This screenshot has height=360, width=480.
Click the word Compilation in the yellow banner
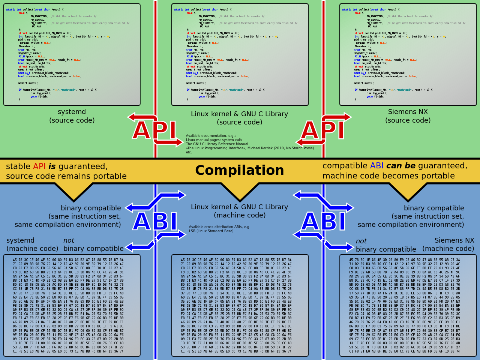(x=240, y=170)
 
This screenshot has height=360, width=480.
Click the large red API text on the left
(x=154, y=130)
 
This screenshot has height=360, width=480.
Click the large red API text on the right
(x=322, y=130)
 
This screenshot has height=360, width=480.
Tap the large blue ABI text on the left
(x=155, y=221)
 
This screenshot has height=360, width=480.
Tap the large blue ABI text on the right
(x=323, y=221)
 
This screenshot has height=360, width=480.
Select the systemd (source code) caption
(x=72, y=116)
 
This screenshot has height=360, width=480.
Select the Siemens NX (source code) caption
(x=408, y=116)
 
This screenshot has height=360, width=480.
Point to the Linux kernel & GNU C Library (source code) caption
(x=240, y=118)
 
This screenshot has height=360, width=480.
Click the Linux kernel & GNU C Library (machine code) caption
(x=240, y=211)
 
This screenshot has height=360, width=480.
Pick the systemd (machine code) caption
(x=32, y=244)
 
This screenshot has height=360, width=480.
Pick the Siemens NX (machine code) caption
(x=448, y=244)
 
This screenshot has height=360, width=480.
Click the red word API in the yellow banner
(x=39, y=166)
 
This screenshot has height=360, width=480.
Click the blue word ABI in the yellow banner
(x=376, y=166)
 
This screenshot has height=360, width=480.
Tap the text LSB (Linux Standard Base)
(x=211, y=231)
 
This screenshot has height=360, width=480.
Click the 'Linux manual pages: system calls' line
(x=214, y=140)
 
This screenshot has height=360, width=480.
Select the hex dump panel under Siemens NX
(x=408, y=306)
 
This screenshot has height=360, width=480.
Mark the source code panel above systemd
(x=72, y=54)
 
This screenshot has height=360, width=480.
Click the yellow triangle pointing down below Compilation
(x=240, y=191)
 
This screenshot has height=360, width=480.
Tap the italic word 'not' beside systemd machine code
(x=69, y=240)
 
